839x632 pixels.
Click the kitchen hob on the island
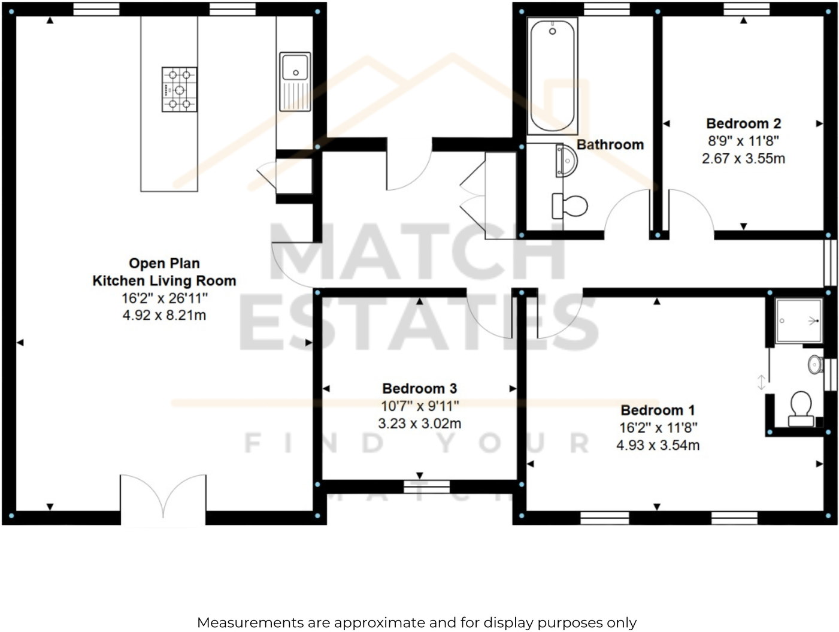[x=179, y=89]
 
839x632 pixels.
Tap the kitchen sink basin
[x=295, y=67]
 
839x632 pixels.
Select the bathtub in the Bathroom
[x=552, y=76]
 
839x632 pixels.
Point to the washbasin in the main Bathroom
[x=567, y=161]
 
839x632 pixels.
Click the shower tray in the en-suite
[x=798, y=321]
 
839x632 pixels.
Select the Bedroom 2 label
[x=743, y=123]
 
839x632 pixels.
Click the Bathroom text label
[x=610, y=144]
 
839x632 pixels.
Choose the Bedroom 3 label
[x=419, y=388]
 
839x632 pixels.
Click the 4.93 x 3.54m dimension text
[x=658, y=445]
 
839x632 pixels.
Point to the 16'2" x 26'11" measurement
[x=164, y=298]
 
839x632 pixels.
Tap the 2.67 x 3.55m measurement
[x=743, y=159]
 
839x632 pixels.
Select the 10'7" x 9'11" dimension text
[x=419, y=406]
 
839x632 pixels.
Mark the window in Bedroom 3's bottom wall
[x=426, y=486]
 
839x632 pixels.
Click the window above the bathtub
[x=607, y=8]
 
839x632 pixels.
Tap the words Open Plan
[x=164, y=263]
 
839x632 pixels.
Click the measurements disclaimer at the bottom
[x=417, y=622]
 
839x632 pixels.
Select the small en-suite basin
[x=814, y=364]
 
